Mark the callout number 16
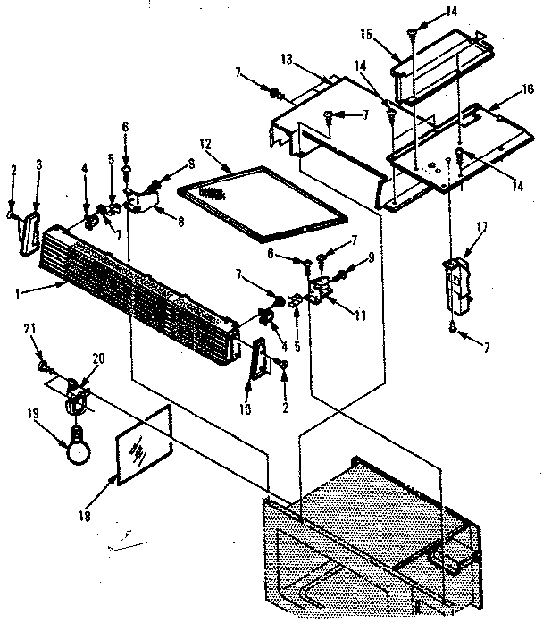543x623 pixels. [528, 90]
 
